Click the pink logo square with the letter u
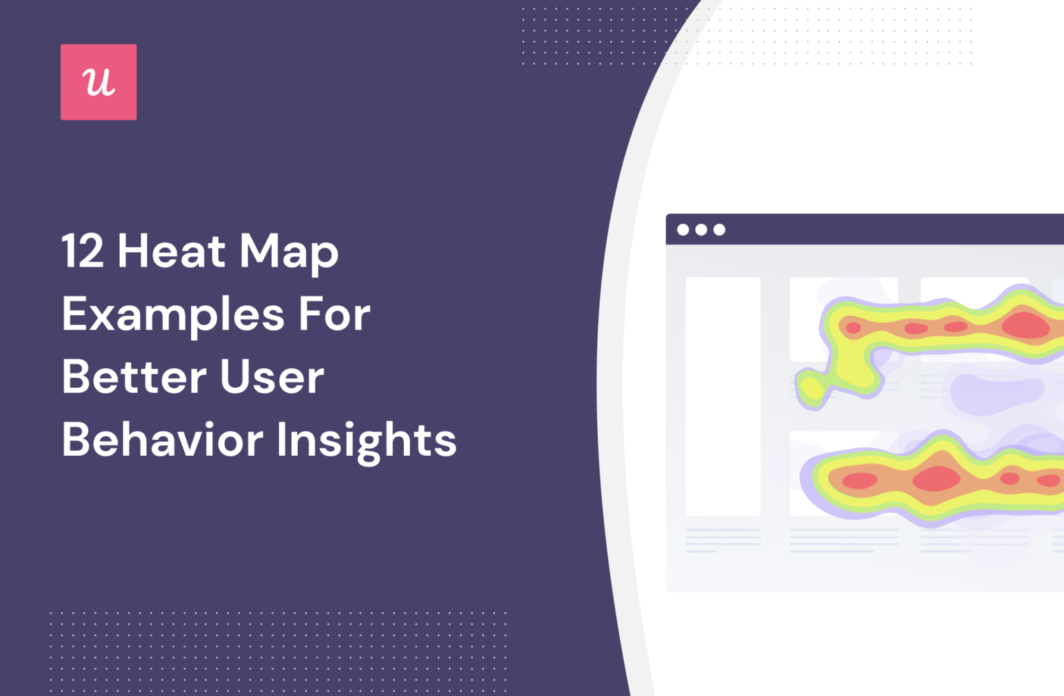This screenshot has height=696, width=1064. (98, 82)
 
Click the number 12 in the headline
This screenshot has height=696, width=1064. (82, 251)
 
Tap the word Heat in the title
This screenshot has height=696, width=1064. (171, 251)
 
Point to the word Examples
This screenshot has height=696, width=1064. (172, 316)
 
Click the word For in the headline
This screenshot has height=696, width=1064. (335, 314)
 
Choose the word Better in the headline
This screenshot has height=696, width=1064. (134, 377)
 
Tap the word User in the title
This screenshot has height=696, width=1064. (272, 377)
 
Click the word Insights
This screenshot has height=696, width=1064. (366, 441)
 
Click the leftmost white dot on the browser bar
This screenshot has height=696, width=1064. (683, 230)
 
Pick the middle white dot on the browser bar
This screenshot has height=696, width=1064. (701, 230)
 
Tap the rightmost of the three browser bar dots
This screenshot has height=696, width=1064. (720, 230)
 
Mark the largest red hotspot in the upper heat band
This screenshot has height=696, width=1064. (1025, 325)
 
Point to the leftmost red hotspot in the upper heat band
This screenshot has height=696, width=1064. (853, 328)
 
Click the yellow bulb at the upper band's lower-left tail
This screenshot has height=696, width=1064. (811, 390)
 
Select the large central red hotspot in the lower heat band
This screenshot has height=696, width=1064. (937, 479)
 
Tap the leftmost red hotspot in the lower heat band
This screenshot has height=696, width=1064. (860, 481)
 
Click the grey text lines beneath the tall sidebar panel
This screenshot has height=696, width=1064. (722, 539)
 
